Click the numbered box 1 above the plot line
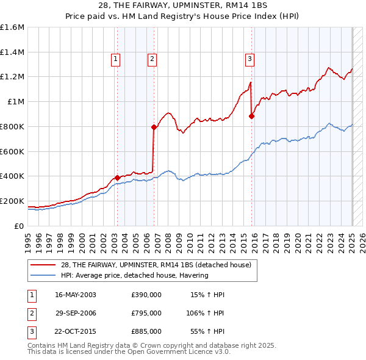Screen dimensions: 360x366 pyautogui.click(x=115, y=59)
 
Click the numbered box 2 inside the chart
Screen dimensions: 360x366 pyautogui.click(x=151, y=59)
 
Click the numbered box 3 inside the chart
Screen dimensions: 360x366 pyautogui.click(x=249, y=59)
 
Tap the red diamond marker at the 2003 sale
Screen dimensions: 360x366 pyautogui.click(x=117, y=178)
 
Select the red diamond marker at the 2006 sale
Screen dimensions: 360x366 pyautogui.click(x=154, y=127)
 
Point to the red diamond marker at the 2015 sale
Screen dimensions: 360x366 pyautogui.click(x=252, y=115)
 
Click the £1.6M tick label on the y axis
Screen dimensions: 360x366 pyautogui.click(x=12, y=27)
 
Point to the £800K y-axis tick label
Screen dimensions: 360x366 pyautogui.click(x=12, y=126)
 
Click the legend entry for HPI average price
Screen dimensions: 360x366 pyautogui.click(x=134, y=275)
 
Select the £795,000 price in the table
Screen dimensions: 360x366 pyautogui.click(x=146, y=313)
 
